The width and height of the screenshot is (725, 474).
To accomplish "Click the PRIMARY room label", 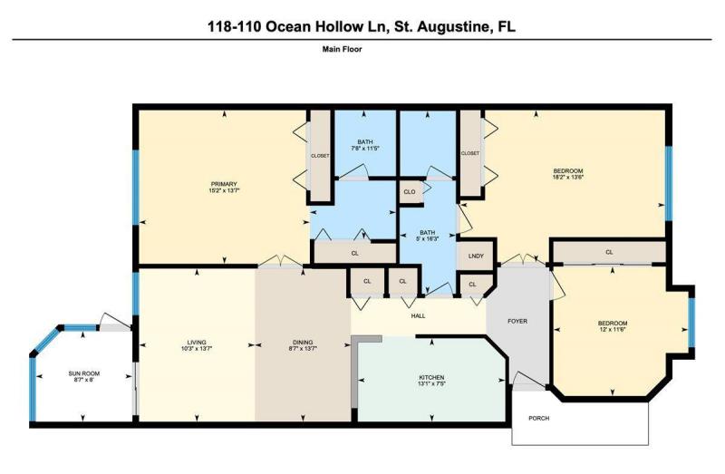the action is tap(224, 184).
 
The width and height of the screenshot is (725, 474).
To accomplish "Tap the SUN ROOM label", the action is tap(84, 373).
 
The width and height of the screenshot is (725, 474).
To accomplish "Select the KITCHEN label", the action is tap(431, 377).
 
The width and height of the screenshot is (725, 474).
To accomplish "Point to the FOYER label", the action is tap(517, 321).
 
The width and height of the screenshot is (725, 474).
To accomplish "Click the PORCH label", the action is tap(538, 418).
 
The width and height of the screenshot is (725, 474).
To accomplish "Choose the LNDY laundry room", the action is tap(476, 256).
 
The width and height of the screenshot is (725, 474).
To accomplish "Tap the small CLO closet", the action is tap(411, 191).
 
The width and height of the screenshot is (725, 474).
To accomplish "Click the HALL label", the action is tap(418, 315).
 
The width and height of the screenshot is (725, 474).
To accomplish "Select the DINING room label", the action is tap(303, 343).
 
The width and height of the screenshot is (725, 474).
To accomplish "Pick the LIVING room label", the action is tap(197, 343).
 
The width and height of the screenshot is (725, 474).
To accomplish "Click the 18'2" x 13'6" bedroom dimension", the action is tap(568, 176).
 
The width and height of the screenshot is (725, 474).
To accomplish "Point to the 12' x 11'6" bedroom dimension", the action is tap(613, 329).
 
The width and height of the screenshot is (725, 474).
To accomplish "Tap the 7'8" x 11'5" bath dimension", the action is tap(365, 149).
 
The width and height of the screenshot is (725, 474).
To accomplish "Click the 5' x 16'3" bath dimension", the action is tap(427, 238).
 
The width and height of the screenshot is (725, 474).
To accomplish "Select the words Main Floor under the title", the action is tap(343, 49).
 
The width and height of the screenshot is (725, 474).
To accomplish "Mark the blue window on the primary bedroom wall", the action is tap(135, 188).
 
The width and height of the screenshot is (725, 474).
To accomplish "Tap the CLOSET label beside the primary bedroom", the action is tap(320, 156).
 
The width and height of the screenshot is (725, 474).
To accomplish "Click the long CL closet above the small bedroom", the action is tap(609, 252).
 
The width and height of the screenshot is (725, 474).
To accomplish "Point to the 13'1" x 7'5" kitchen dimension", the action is tap(431, 383).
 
